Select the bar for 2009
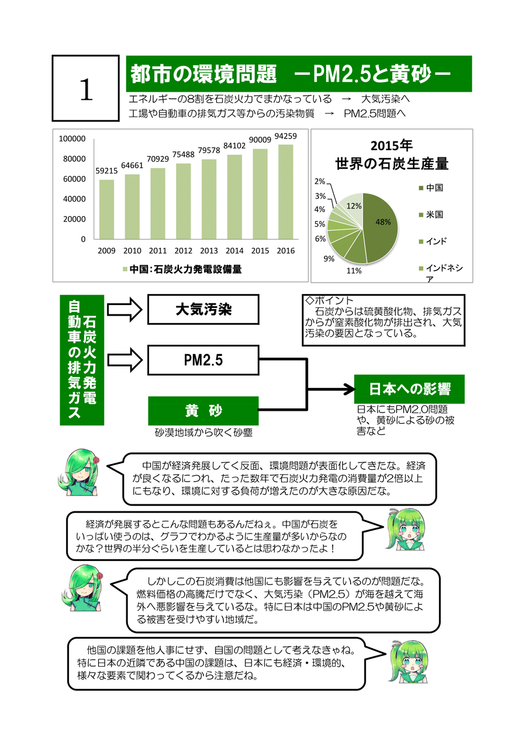(106, 209)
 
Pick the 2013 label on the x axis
(209, 251)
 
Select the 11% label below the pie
(354, 271)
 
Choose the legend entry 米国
(434, 214)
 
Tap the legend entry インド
(436, 241)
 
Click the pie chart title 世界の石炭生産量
(392, 164)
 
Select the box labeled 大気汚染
(203, 309)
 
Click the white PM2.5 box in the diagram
(203, 360)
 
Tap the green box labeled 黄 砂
(203, 411)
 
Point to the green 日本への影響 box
(409, 389)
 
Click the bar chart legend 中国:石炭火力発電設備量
(182, 269)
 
